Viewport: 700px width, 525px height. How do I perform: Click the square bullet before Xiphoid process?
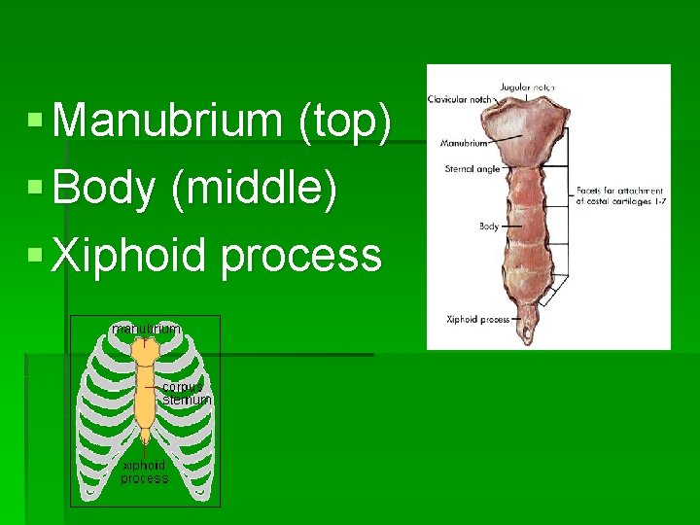coord(35,256)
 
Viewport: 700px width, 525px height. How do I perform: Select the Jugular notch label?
coord(528,87)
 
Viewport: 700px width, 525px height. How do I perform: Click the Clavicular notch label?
coord(460,99)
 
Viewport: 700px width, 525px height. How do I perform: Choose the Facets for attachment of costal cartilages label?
coord(619,195)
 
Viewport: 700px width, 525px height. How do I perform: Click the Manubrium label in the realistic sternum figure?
coord(464,143)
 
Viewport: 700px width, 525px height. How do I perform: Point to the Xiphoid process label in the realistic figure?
coord(478,319)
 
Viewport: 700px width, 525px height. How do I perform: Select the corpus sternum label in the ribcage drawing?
coord(186,393)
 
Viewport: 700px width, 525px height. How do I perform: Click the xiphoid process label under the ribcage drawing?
coord(144,472)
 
